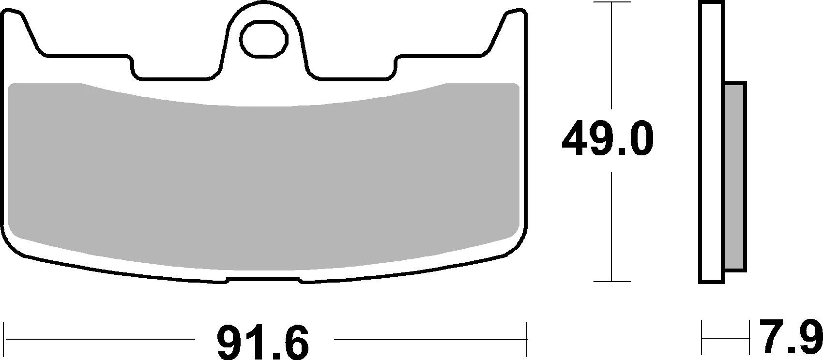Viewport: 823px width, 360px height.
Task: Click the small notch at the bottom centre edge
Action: tap(264, 279)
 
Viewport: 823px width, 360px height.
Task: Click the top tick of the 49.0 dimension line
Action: tap(613, 2)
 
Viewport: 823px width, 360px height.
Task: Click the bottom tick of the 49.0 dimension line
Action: tap(613, 281)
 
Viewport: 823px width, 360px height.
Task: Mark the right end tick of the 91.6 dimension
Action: tap(526, 339)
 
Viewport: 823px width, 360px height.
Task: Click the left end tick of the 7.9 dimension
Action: tap(702, 339)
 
